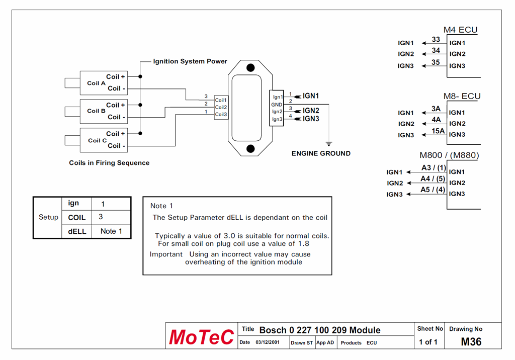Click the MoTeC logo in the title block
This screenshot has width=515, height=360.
(201, 337)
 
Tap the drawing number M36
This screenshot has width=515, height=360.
(471, 341)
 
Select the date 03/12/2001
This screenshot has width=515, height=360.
(268, 342)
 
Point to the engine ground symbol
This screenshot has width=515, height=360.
(329, 144)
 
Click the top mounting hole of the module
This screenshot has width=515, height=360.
(250, 68)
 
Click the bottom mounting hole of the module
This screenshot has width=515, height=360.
(250, 149)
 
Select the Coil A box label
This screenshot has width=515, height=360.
(96, 83)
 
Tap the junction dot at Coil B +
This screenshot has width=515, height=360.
(140, 105)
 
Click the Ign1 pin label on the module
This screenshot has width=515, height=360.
(278, 97)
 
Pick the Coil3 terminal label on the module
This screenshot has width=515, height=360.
(221, 114)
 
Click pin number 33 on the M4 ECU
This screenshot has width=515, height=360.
(436, 39)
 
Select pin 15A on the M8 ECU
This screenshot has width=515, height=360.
(438, 131)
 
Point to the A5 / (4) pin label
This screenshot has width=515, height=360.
(433, 190)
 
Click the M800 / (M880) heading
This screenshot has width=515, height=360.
(449, 155)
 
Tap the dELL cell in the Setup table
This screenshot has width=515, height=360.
(77, 231)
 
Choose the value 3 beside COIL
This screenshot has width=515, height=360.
(101, 217)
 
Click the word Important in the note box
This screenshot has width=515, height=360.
(166, 254)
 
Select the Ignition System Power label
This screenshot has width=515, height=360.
(190, 61)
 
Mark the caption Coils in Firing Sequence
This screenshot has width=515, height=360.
(109, 163)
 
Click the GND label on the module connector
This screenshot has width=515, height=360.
(277, 105)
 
